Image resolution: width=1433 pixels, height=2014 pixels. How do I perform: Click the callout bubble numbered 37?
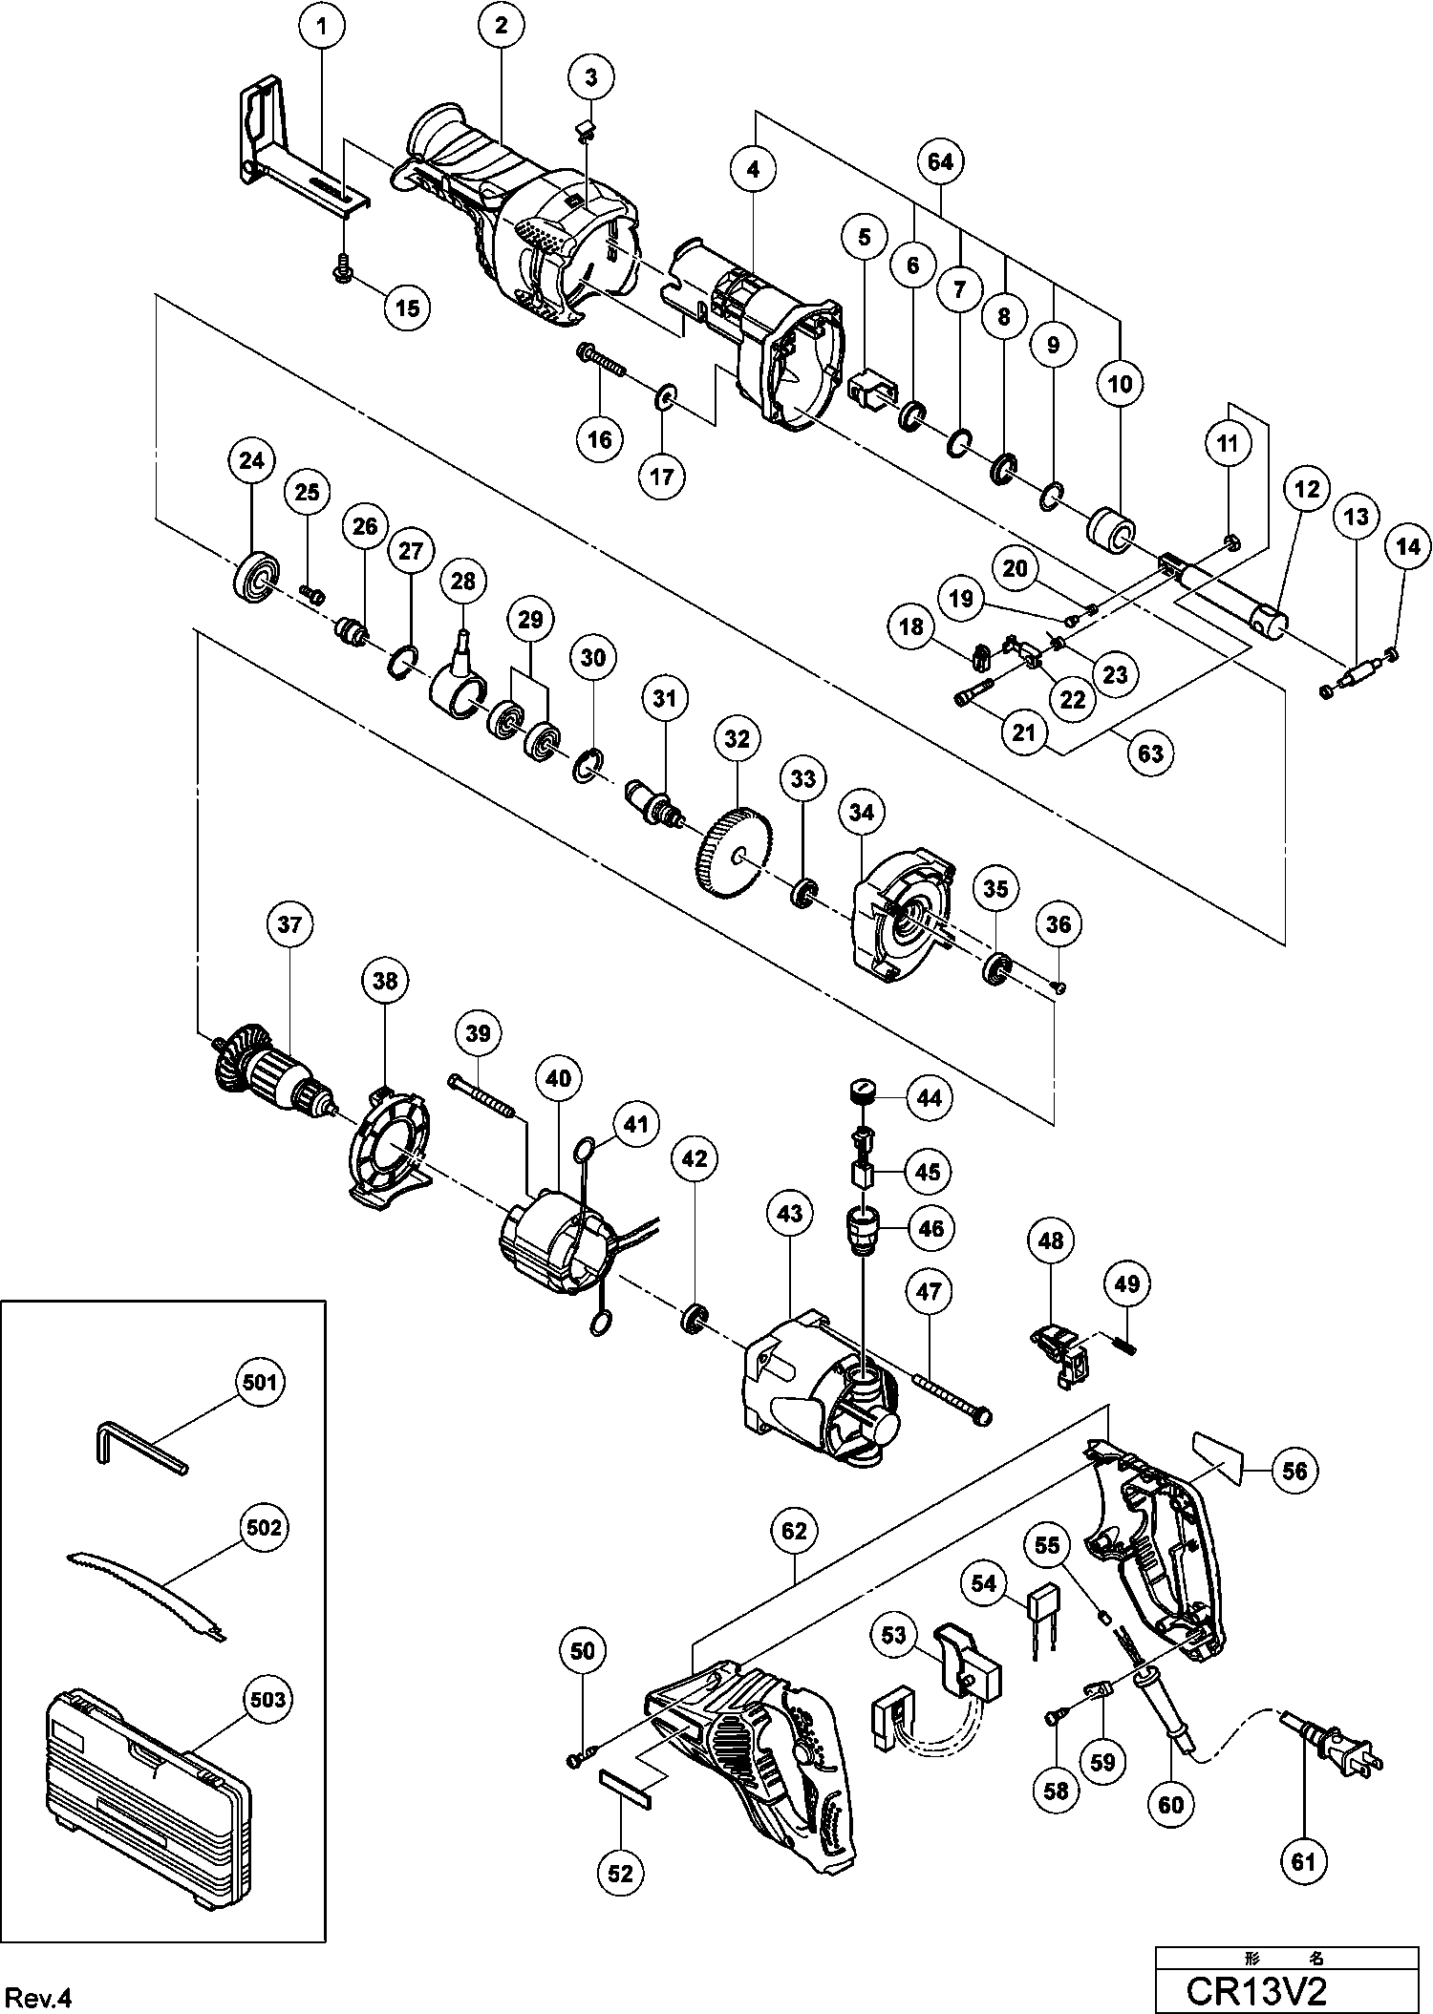tap(289, 924)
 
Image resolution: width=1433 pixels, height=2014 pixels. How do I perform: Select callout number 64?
tap(940, 162)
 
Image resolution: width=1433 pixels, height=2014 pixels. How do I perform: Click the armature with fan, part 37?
tap(272, 1072)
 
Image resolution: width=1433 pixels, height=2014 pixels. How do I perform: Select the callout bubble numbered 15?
tap(407, 307)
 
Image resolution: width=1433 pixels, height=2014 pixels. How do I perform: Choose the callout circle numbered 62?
tap(794, 1532)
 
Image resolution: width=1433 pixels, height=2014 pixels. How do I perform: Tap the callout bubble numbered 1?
tap(322, 27)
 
